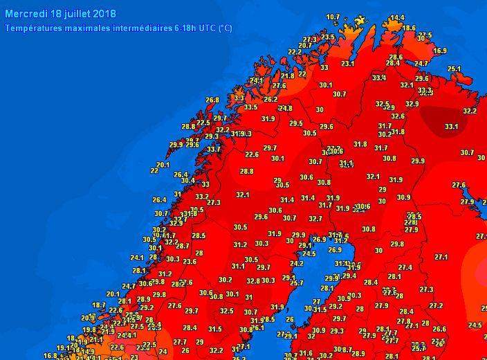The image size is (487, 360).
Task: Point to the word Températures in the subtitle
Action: pyautogui.click(x=33, y=28)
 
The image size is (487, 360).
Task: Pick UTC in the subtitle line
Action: pyautogui.click(x=207, y=28)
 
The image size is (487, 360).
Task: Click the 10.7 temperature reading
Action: pyautogui.click(x=333, y=17)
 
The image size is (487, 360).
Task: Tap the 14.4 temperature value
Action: pyautogui.click(x=397, y=18)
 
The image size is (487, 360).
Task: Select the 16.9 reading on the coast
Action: pyautogui.click(x=440, y=51)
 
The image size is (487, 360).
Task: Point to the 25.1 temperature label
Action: pyautogui.click(x=454, y=69)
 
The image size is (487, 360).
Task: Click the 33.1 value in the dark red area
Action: pyautogui.click(x=451, y=127)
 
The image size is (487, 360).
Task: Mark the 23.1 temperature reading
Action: pyautogui.click(x=347, y=64)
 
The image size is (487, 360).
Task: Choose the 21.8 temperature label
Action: pyautogui.click(x=288, y=75)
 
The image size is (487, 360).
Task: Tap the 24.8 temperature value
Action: pyautogui.click(x=285, y=108)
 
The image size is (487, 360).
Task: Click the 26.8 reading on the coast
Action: pyautogui.click(x=212, y=100)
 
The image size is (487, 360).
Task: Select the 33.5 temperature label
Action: pyautogui.click(x=250, y=107)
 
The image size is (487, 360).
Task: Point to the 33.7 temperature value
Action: pyautogui.click(x=214, y=149)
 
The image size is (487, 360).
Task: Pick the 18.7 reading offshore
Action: pyautogui.click(x=99, y=305)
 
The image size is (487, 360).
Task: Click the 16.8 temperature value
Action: pyautogui.click(x=50, y=356)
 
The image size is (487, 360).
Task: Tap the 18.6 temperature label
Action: pyautogui.click(x=409, y=28)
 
